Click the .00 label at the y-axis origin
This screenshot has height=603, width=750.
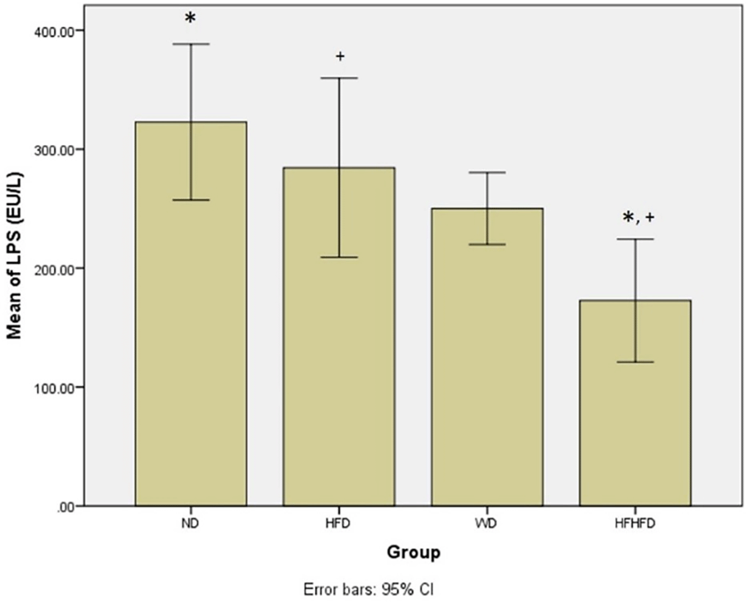(x=66, y=507)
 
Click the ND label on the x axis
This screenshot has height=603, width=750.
(x=190, y=524)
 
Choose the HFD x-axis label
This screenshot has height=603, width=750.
(x=338, y=524)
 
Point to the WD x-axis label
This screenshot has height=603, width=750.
(x=486, y=524)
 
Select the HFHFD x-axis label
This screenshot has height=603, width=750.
(x=634, y=524)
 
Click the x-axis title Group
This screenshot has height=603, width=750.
(x=413, y=552)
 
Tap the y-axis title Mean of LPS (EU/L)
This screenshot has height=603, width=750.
(x=15, y=255)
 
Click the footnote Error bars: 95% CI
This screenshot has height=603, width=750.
(x=368, y=589)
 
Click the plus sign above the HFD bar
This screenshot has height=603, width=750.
(x=340, y=56)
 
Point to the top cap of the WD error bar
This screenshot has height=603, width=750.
(x=487, y=172)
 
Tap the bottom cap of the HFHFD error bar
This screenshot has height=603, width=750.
(x=635, y=362)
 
